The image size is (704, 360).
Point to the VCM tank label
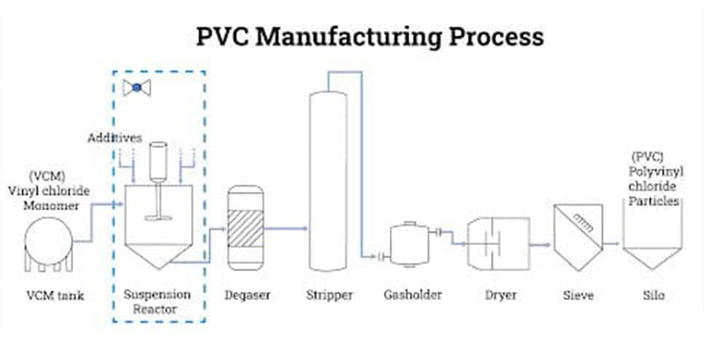click(54, 295)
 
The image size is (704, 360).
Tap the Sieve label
click(574, 295)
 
